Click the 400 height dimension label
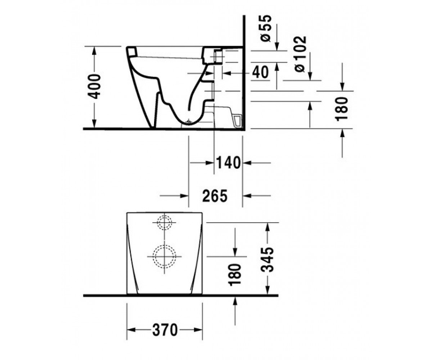(x=94, y=86)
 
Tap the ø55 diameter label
(x=265, y=28)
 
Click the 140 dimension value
(x=228, y=163)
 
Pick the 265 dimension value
(x=215, y=196)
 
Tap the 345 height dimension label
(x=267, y=259)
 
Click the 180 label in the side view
(x=342, y=109)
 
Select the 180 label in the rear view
(x=235, y=275)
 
